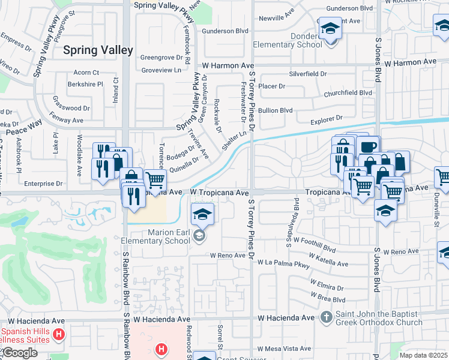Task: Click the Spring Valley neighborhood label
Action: (98, 50)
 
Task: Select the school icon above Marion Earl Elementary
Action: (203, 214)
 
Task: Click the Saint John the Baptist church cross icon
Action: (326, 316)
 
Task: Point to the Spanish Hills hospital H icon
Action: (58, 334)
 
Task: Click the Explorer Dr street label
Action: (326, 119)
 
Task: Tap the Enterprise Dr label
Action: (43, 184)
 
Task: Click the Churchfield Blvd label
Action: (348, 93)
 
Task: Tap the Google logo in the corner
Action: (19, 353)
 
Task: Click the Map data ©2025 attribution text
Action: (424, 355)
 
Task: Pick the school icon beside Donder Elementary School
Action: (329, 29)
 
